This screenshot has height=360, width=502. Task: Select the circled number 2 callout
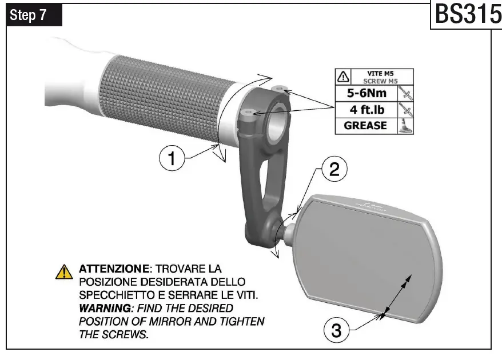pos(334,170)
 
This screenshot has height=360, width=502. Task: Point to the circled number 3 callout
pos(337,330)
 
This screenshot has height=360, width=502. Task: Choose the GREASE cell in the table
pos(365,125)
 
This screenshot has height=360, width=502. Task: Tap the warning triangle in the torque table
pos(342,77)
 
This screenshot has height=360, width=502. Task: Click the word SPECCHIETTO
pos(112,295)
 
